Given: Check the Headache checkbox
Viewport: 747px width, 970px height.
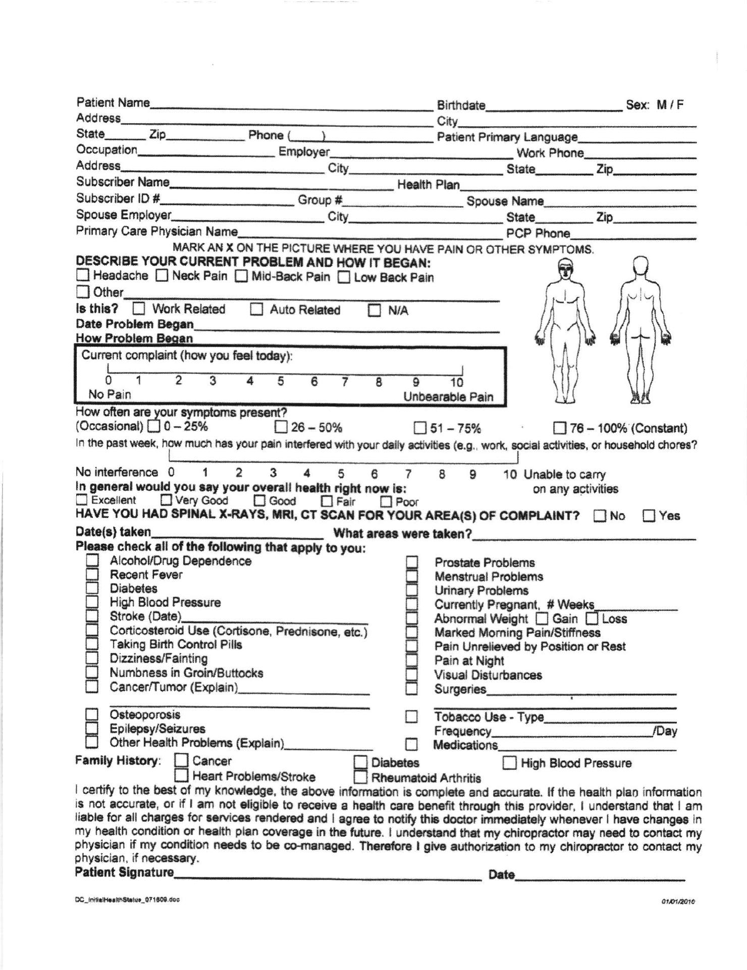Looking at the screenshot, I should tap(83, 275).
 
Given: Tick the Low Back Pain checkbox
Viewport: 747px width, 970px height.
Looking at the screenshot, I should tap(344, 277).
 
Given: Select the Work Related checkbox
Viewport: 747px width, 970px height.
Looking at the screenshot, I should tap(139, 309).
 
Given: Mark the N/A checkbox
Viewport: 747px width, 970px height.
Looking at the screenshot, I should tap(375, 310).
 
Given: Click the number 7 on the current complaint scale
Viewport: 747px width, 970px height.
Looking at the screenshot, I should tap(345, 382).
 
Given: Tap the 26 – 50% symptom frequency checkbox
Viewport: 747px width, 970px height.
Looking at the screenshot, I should tap(281, 427).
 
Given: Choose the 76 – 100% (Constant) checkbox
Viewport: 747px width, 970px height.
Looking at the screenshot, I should tap(559, 428).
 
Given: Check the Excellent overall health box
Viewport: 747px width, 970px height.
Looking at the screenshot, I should tap(81, 500).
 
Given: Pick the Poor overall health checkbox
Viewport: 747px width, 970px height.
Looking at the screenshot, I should tap(386, 501).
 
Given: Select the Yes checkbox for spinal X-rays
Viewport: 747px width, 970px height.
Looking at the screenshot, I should tap(649, 516).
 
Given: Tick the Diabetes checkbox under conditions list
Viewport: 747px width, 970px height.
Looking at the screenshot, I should tap(92, 588).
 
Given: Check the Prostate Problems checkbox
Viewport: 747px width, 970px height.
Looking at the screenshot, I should tap(412, 562).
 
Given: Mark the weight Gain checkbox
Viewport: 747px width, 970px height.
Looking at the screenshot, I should tap(542, 618).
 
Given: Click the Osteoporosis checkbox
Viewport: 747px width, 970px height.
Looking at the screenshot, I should tap(92, 714).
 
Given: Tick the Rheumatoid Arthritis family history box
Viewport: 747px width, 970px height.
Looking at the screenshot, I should tap(360, 777).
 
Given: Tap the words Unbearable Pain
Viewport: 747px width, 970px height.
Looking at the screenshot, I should tap(448, 396).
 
